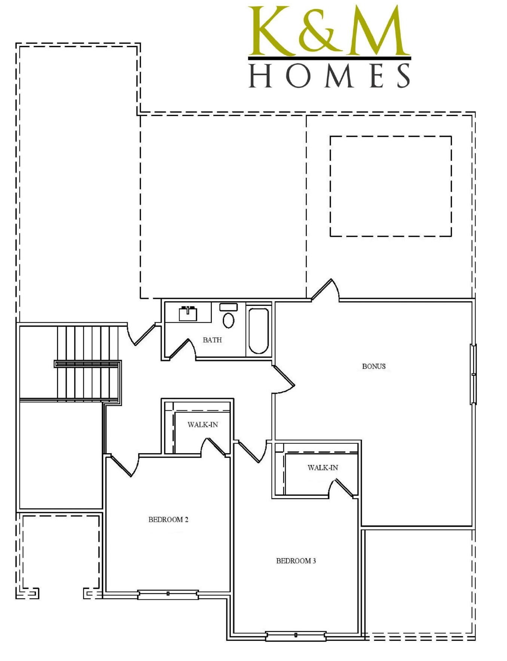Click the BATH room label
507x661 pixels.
[x=212, y=340]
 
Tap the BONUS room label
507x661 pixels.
[x=373, y=366]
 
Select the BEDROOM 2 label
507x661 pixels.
[x=168, y=519]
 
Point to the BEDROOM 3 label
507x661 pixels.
[x=296, y=561]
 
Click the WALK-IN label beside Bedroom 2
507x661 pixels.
[x=202, y=425]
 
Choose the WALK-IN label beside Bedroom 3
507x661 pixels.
[x=323, y=468]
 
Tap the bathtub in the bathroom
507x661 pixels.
[x=259, y=330]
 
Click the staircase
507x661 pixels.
[x=88, y=363]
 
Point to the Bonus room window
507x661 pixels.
[x=473, y=374]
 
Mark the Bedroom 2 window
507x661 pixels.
[x=168, y=594]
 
